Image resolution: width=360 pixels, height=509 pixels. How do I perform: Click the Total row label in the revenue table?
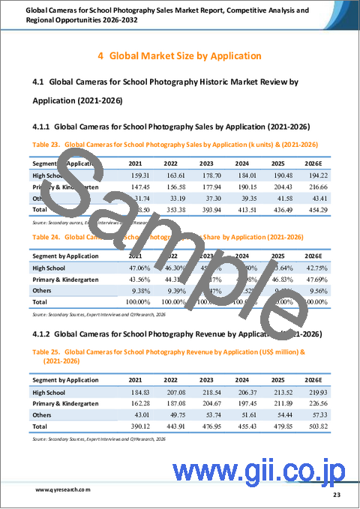tap(40, 430)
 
